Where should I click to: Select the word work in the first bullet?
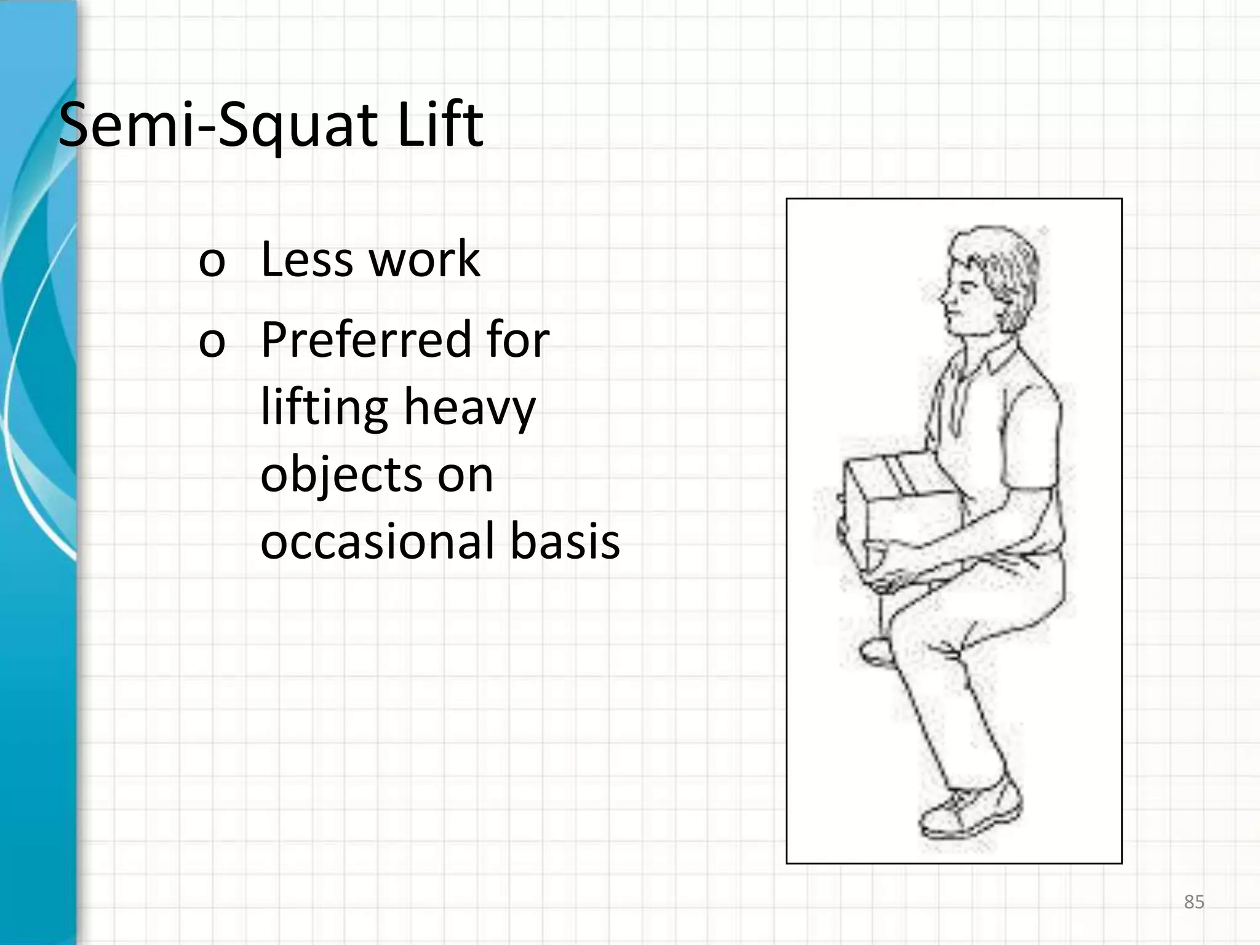424,259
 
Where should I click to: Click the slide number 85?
1194,902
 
